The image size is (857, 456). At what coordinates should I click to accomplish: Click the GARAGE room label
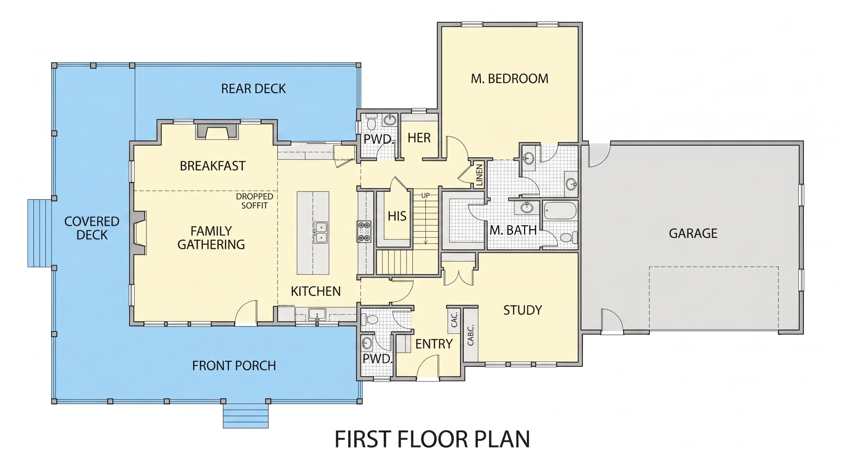point(693,233)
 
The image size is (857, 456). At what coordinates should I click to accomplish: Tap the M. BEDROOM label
point(510,79)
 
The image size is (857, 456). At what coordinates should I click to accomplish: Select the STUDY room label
point(523,310)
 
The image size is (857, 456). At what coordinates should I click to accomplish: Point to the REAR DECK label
point(253,89)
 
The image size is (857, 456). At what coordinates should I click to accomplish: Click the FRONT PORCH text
point(234,366)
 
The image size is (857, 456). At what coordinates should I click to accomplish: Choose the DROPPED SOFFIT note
point(254,201)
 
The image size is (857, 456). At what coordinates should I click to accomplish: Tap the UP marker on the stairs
point(425,195)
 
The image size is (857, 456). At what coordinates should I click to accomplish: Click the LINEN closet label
point(479,175)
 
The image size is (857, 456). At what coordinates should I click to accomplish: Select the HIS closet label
point(397,216)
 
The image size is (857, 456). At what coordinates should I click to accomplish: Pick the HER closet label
point(419,138)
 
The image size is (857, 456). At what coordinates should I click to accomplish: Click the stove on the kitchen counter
point(365,231)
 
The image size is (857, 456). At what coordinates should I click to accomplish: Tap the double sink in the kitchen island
point(320,232)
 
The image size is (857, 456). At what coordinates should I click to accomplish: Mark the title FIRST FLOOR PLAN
point(432,439)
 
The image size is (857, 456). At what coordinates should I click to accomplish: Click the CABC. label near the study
point(470,335)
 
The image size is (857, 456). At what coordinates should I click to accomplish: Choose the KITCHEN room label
point(316,292)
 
